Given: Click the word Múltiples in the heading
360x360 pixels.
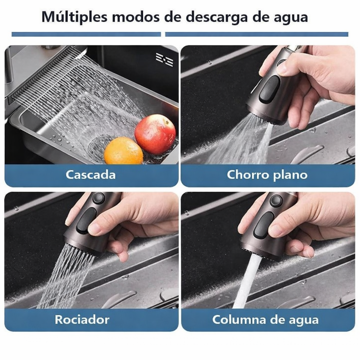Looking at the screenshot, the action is (75, 17).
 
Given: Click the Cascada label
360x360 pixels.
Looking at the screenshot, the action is (91, 175).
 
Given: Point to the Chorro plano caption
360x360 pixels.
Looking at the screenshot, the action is (267, 175).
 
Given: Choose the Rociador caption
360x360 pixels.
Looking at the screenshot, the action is (82, 320).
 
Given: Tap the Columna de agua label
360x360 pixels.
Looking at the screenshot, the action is (265, 320).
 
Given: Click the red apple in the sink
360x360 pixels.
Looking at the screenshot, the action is (155, 134).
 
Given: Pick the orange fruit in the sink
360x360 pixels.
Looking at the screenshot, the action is (123, 150).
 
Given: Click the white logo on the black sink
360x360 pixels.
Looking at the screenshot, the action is (165, 59).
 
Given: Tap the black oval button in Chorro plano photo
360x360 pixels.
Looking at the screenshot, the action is (270, 89).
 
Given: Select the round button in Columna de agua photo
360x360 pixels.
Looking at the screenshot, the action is (276, 200).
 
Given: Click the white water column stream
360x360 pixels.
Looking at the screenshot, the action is (247, 281).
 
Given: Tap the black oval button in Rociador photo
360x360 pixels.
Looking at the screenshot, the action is (86, 221).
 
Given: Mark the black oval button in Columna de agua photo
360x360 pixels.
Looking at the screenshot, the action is (264, 225).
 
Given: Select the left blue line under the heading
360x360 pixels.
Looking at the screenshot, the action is (86, 34).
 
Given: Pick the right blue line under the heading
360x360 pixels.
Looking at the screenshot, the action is (257, 34).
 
